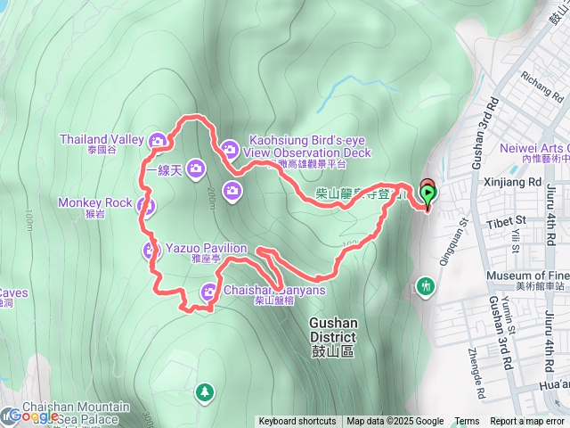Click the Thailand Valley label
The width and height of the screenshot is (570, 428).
(x=101, y=139)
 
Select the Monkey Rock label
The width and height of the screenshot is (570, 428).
(x=94, y=202)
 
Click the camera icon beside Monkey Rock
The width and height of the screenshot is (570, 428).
(x=147, y=207)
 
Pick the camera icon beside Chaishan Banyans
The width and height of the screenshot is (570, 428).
(x=209, y=290)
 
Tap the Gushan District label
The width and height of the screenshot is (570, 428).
(x=332, y=331)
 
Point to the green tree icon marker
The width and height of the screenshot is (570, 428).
(x=206, y=391)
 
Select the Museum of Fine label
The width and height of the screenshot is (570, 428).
(x=527, y=276)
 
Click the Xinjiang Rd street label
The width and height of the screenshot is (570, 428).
(x=511, y=181)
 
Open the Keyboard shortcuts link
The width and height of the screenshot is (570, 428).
(x=297, y=422)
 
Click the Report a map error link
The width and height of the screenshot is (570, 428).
(x=528, y=422)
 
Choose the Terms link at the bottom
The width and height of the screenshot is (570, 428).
(x=467, y=422)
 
